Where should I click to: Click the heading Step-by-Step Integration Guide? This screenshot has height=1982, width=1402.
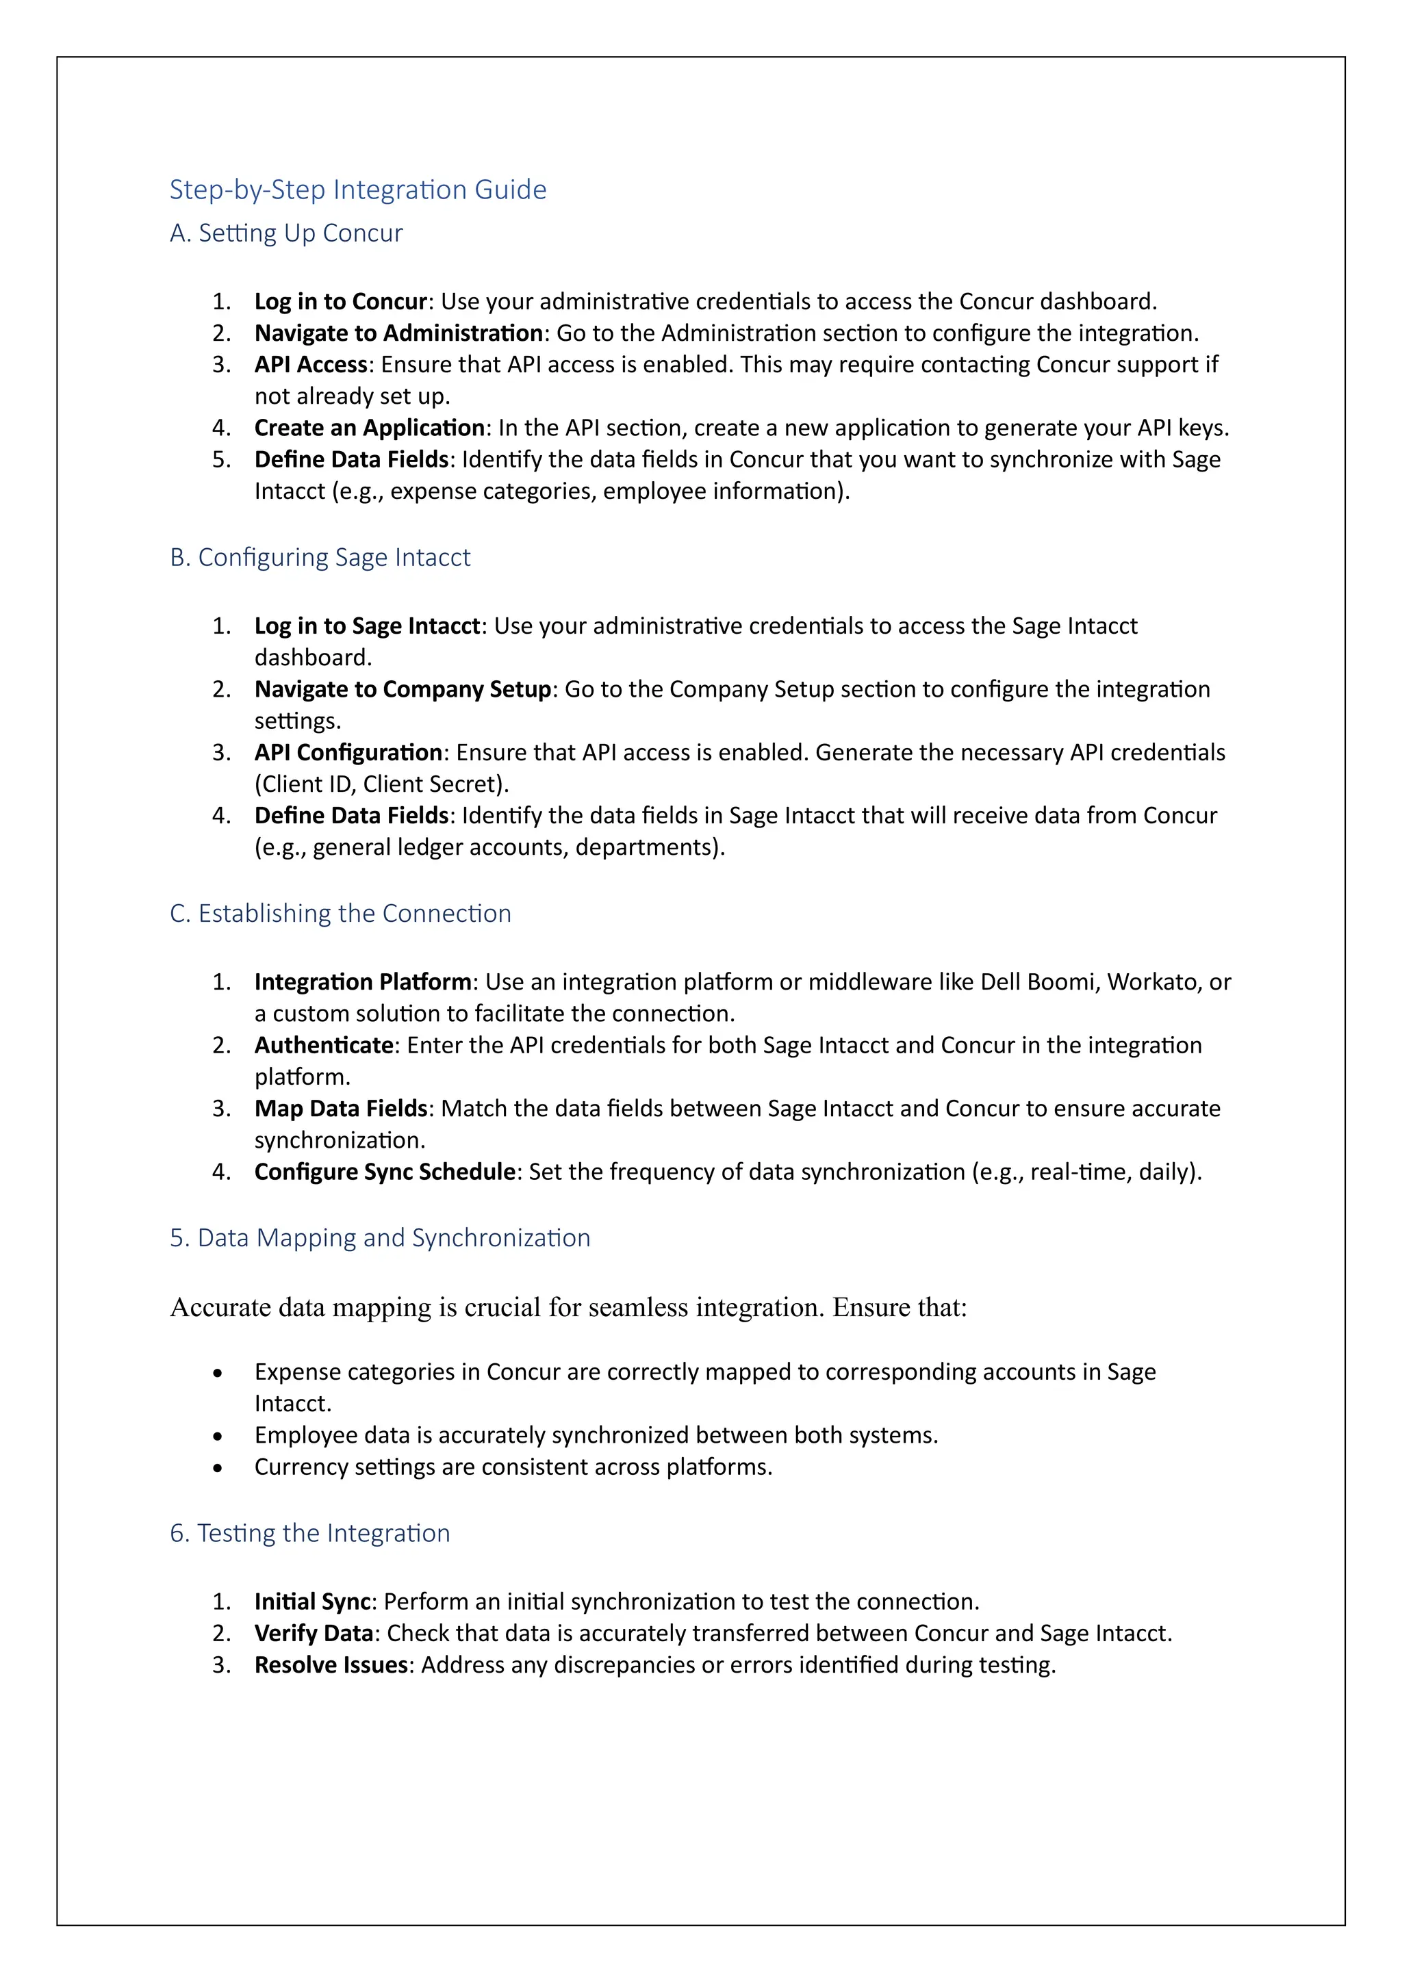coord(357,190)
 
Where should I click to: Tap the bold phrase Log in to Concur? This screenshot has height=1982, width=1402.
coord(340,301)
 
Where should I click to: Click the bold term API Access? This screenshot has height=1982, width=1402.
coord(311,364)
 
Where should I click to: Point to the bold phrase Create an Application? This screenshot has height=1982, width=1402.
coord(368,428)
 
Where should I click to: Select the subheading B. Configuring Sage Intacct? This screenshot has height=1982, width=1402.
coord(320,558)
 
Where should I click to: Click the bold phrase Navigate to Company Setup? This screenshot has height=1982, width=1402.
coord(403,689)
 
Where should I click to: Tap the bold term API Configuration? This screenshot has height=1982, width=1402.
coord(348,753)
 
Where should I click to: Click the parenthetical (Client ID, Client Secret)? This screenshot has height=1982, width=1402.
coord(381,784)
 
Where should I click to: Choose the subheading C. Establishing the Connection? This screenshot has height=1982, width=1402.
coord(340,913)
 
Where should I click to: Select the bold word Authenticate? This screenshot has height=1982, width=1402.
coord(324,1045)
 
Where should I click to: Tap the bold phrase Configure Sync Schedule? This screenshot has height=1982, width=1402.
coord(384,1172)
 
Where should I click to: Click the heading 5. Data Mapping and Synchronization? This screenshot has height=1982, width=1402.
coord(380,1238)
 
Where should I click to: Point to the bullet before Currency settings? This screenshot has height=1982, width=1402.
coord(218,1467)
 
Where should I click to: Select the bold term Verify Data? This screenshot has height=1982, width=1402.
coord(313,1633)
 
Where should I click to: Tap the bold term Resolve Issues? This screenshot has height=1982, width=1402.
coord(331,1665)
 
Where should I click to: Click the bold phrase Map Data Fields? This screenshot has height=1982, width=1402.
coord(340,1109)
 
